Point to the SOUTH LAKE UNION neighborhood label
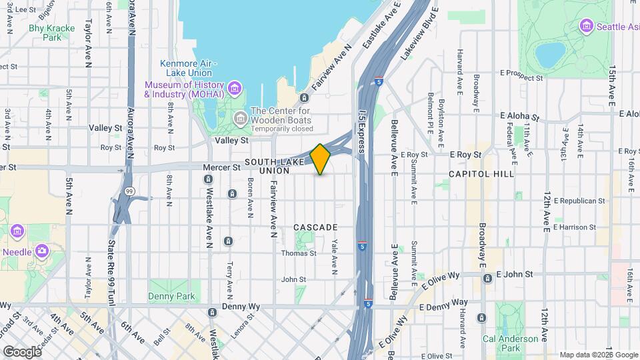point(267,166)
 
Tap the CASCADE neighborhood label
point(315,227)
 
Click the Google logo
point(21,351)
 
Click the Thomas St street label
point(297,253)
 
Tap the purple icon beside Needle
point(43,251)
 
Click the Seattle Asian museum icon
point(587,27)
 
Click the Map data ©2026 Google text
point(598,355)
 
